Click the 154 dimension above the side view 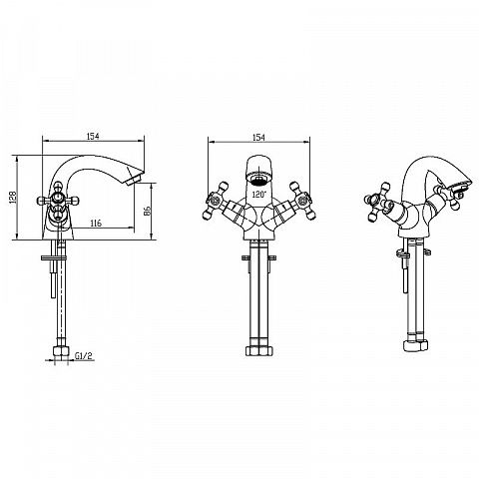(93, 136)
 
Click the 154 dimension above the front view (258, 137)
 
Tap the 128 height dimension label (13, 198)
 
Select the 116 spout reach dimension (96, 224)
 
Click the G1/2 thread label (83, 356)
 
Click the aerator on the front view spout (259, 180)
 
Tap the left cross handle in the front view (216, 201)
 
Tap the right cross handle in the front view (302, 201)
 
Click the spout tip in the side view (135, 178)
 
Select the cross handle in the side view (59, 201)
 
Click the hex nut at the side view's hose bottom (61, 352)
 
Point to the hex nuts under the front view (259, 351)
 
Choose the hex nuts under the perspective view (415, 345)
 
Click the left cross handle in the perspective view (377, 202)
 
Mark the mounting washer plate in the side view (54, 257)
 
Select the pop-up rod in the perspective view (404, 271)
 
